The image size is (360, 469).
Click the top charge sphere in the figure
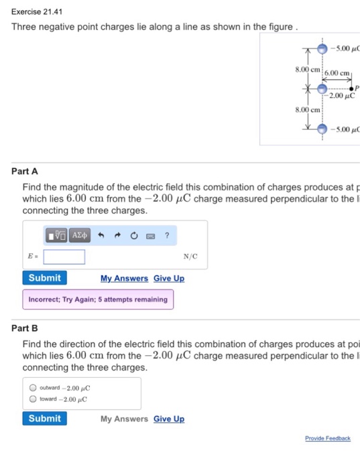pos(322,49)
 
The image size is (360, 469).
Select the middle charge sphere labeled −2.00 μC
pos(322,88)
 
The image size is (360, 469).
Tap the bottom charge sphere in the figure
pos(322,128)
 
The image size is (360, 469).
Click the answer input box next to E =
pos(64,257)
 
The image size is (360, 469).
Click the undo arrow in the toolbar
pos(99,235)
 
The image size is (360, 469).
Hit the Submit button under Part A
pos(45,278)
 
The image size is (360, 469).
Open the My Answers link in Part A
pos(124,279)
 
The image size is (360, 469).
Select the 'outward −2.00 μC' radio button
pos(33,388)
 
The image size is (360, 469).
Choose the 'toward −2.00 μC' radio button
pos(33,399)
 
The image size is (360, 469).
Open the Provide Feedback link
pos(327,438)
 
